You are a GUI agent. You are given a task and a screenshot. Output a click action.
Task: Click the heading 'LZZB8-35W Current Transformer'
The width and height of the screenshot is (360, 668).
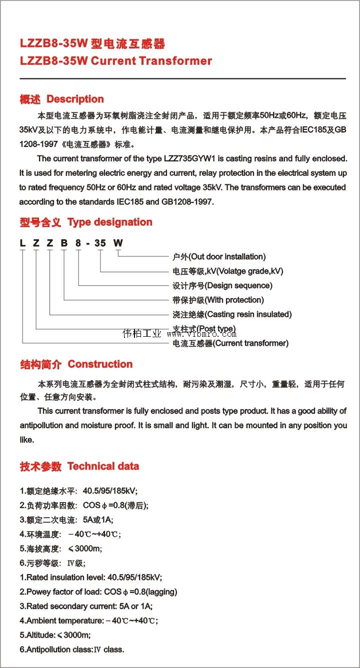pyautogui.click(x=115, y=61)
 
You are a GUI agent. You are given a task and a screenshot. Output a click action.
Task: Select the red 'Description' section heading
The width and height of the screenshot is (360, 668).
pyautogui.click(x=75, y=99)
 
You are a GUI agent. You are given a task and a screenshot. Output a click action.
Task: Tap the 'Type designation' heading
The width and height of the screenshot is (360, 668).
pyautogui.click(x=109, y=222)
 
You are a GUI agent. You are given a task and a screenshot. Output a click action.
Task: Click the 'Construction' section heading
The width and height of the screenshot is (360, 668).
pyautogui.click(x=100, y=364)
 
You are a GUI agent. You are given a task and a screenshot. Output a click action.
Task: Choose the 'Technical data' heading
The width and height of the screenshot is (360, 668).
pyautogui.click(x=103, y=467)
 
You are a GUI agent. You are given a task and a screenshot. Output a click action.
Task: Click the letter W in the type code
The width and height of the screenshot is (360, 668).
pyautogui.click(x=117, y=243)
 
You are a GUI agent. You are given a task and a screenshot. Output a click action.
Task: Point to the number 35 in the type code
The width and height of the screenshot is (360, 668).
pyautogui.click(x=100, y=243)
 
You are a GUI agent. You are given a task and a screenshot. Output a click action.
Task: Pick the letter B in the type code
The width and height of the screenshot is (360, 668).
pyautogui.click(x=63, y=243)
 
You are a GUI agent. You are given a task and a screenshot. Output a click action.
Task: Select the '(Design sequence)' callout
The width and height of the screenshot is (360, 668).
pyautogui.click(x=236, y=286)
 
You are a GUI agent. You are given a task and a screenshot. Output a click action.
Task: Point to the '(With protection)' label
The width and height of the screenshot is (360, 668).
pyautogui.click(x=232, y=300)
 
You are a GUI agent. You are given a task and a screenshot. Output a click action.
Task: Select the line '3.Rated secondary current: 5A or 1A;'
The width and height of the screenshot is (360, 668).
pyautogui.click(x=86, y=607)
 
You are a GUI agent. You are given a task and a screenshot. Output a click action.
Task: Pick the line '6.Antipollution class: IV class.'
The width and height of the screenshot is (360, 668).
pyautogui.click(x=71, y=650)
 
